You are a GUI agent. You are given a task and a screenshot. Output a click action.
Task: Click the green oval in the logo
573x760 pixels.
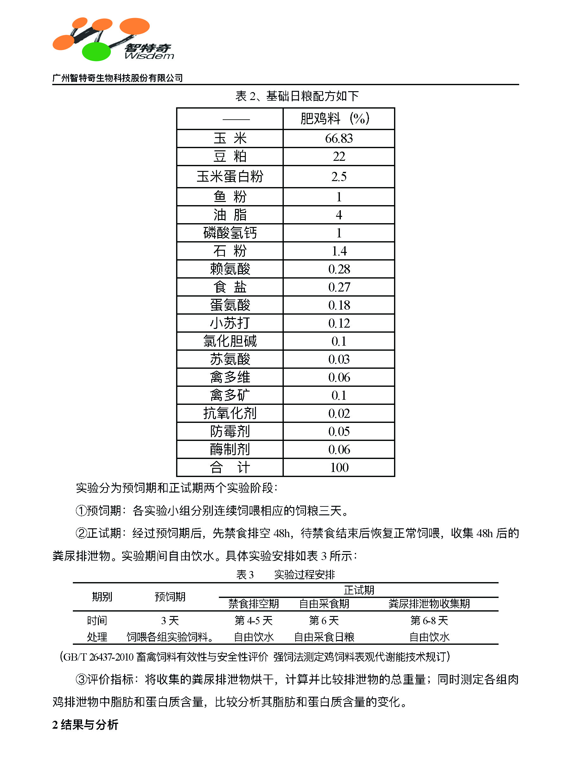[96, 52]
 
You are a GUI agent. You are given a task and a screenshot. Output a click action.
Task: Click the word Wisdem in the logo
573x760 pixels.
[149, 56]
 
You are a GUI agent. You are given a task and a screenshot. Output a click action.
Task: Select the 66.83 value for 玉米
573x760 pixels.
[339, 138]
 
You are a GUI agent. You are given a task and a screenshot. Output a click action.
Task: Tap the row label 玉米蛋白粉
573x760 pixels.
[230, 177]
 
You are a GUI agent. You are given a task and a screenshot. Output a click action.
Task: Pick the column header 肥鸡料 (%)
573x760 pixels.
[334, 118]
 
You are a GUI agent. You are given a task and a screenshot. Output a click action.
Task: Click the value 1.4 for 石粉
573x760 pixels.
[339, 251]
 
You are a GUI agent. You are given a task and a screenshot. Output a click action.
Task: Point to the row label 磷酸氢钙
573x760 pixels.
[230, 233]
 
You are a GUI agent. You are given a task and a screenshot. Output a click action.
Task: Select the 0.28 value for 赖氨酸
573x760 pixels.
[339, 269]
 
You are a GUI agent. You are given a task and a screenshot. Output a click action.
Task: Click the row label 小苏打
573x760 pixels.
[230, 323]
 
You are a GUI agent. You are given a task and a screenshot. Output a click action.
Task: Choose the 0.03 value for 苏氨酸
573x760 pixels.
[339, 359]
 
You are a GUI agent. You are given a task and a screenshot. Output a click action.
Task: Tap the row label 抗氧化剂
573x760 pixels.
[230, 413]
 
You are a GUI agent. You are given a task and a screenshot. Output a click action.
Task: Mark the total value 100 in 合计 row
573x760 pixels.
[339, 468]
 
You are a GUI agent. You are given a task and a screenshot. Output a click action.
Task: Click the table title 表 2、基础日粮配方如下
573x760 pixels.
[297, 96]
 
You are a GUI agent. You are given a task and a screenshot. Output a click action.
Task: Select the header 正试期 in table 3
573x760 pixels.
[359, 590]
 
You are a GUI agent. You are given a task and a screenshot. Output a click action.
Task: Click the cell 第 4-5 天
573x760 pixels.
[253, 620]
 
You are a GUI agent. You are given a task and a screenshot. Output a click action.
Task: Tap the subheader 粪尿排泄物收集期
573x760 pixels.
[429, 604]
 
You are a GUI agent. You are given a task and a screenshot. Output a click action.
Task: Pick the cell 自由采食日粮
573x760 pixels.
[324, 637]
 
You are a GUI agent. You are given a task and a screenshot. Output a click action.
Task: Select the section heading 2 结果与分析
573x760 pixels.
[85, 725]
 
